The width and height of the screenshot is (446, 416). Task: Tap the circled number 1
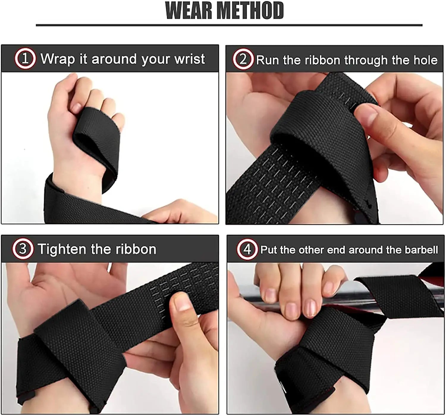coord(25,59)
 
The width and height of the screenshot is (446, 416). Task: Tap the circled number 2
coord(243,60)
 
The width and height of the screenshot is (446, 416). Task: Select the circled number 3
coord(23,249)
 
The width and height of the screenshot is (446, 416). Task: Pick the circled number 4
coord(247,249)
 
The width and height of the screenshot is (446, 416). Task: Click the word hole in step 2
coord(425,60)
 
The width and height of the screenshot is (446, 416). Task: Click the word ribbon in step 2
coord(323,60)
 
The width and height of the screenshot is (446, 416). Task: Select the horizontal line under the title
coord(229,25)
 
